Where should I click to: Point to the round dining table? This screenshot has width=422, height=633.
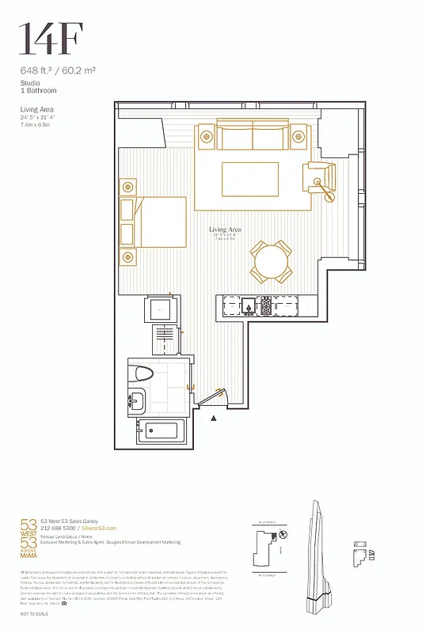click(x=270, y=261)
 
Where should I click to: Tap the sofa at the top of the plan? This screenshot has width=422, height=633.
click(x=253, y=138)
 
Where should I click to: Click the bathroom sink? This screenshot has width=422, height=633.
click(x=137, y=401)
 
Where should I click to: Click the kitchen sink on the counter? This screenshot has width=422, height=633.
click(x=249, y=305)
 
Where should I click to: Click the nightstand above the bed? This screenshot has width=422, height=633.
click(x=128, y=188)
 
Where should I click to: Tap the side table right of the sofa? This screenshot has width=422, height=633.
click(x=298, y=135)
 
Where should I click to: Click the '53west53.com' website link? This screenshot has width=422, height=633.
click(x=99, y=528)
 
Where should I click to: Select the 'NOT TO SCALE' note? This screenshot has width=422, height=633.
click(x=34, y=614)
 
